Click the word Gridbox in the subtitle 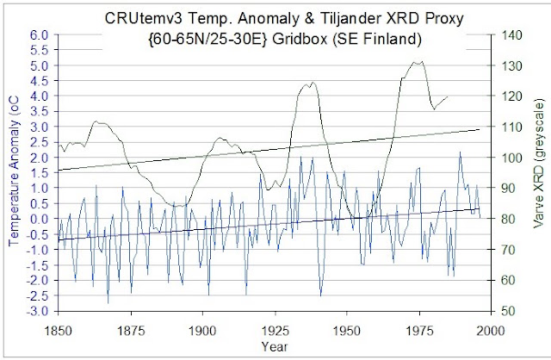(x=299, y=39)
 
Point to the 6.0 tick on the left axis (x=39, y=34)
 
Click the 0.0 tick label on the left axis (x=39, y=219)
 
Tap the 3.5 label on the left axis (x=39, y=111)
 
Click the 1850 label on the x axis (x=59, y=331)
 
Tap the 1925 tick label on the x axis (x=275, y=331)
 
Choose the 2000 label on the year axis (x=492, y=331)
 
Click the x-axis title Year (x=275, y=346)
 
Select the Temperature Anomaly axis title (x=14, y=171)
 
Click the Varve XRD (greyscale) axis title (x=539, y=164)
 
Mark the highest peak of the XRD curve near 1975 (x=422, y=62)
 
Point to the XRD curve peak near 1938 (x=313, y=83)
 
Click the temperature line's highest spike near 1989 (x=460, y=152)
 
